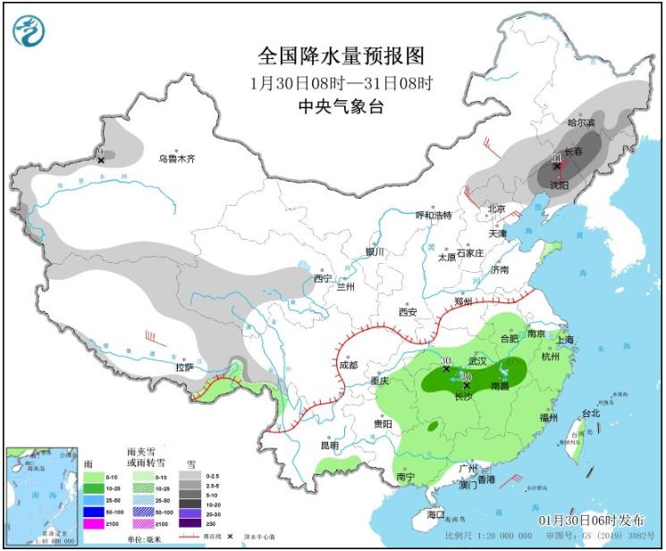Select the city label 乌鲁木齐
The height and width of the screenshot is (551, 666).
176,158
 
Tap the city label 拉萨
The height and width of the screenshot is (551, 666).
184,367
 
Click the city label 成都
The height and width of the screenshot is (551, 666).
348,365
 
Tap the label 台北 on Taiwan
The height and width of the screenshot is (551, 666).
591,413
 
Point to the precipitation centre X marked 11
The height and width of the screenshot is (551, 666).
556,165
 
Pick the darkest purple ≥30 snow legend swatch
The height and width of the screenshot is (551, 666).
190,523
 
